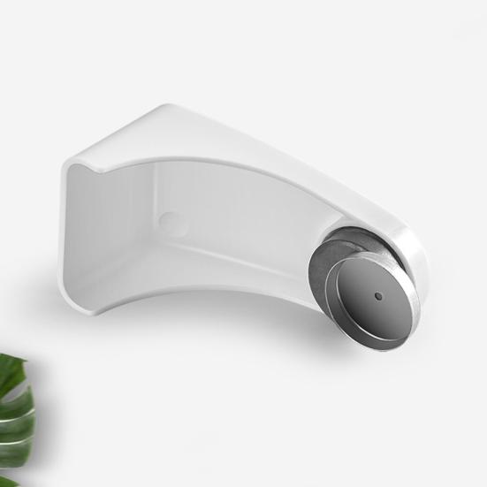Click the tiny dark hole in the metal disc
coord(377,296)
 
